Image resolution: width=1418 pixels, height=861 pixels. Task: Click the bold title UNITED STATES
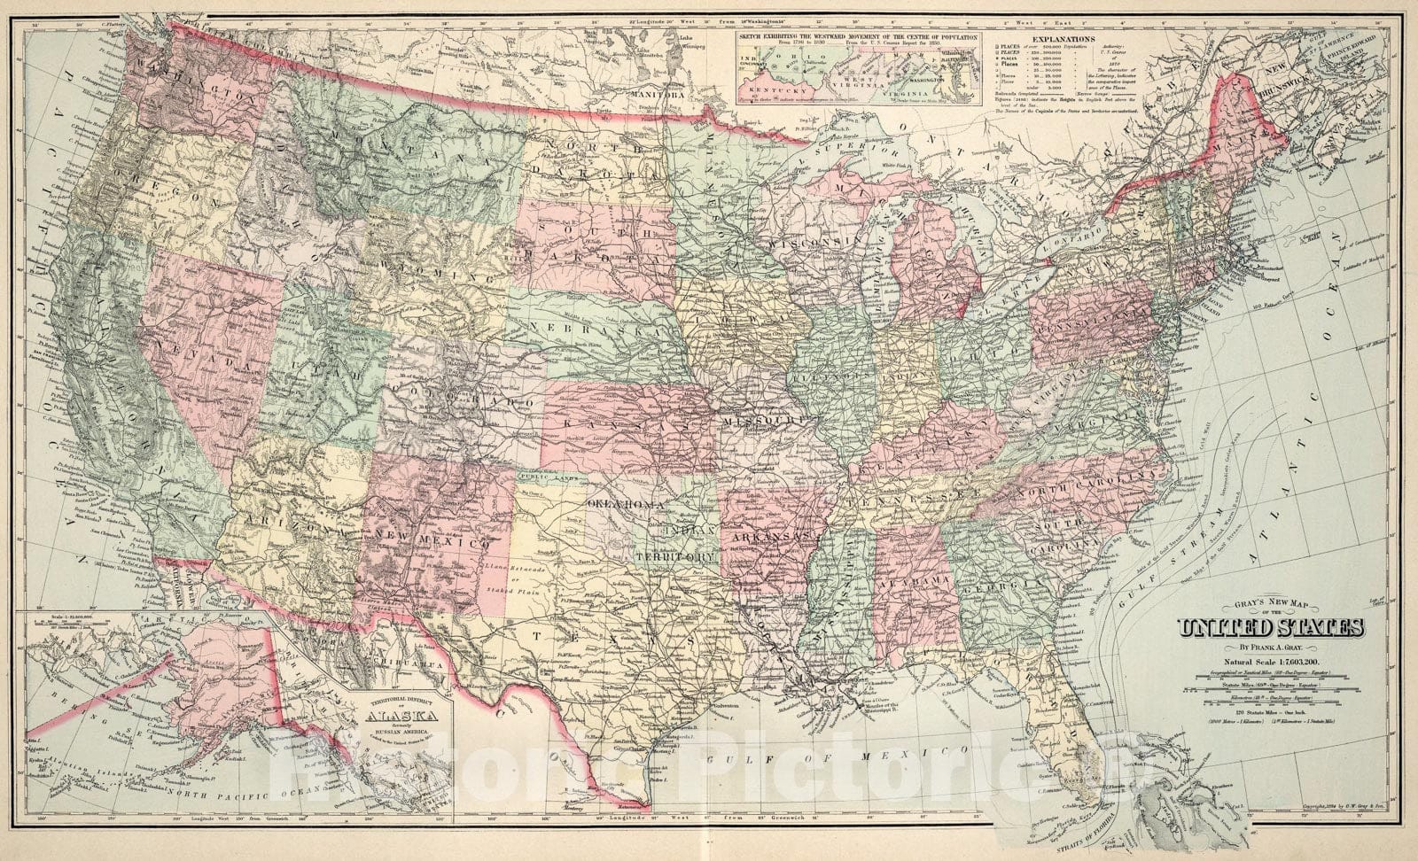(1270, 630)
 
